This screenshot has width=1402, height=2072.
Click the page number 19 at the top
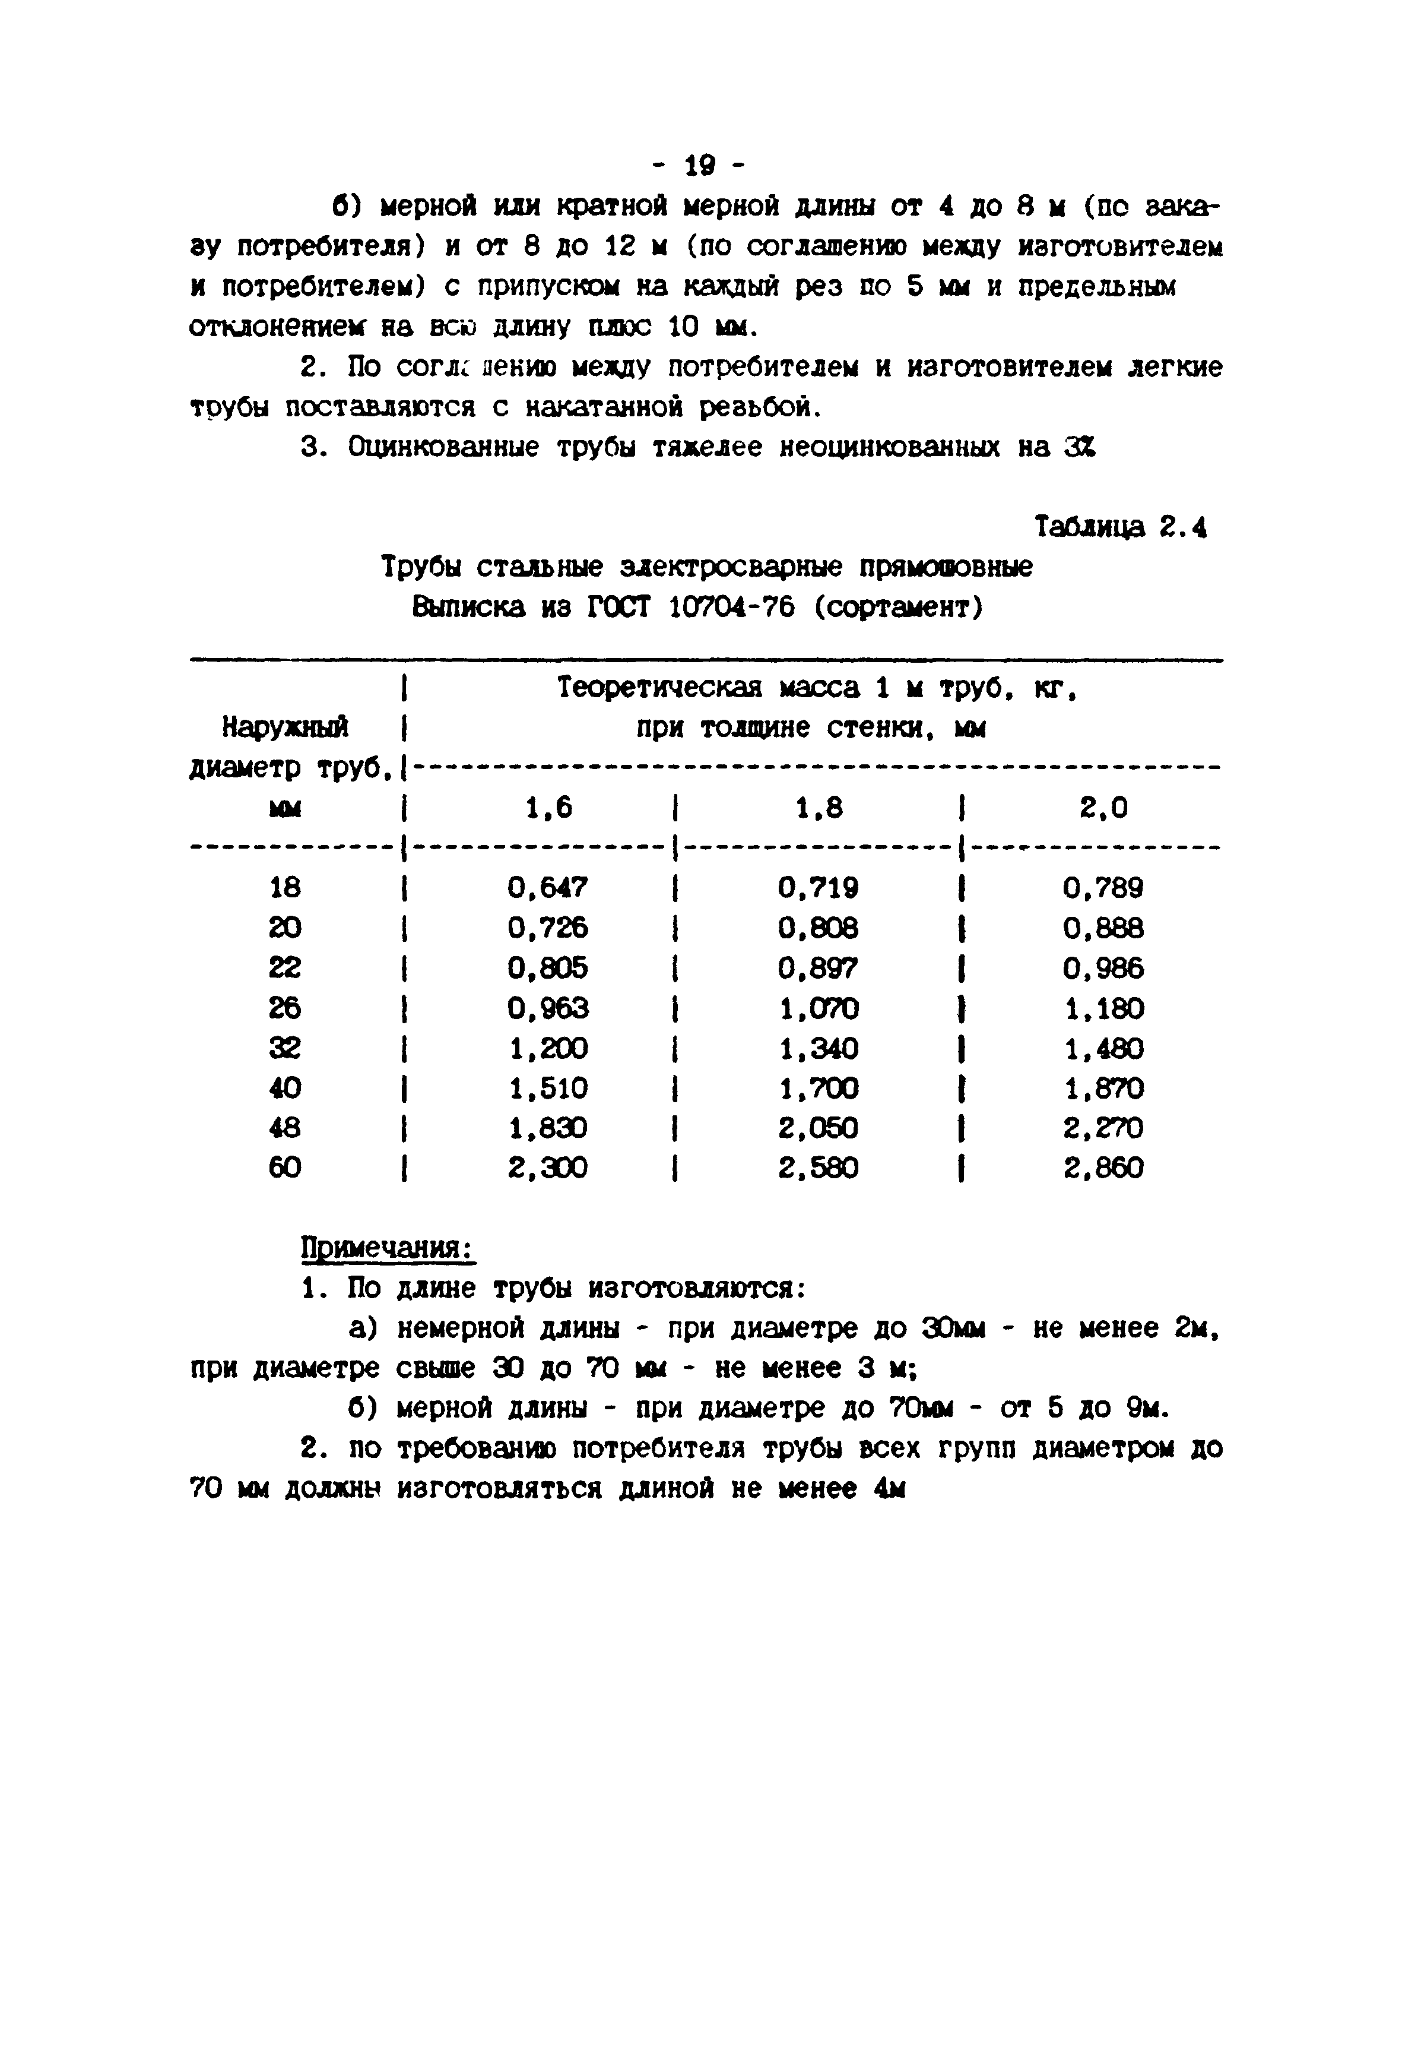[700, 166]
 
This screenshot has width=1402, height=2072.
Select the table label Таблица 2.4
[1119, 528]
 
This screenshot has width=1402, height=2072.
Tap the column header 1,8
[818, 808]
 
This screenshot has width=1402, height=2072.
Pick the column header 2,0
[1103, 808]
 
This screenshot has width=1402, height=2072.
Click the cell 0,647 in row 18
[547, 888]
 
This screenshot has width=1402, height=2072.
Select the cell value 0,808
[818, 928]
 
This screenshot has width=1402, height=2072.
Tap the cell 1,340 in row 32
[818, 1049]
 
